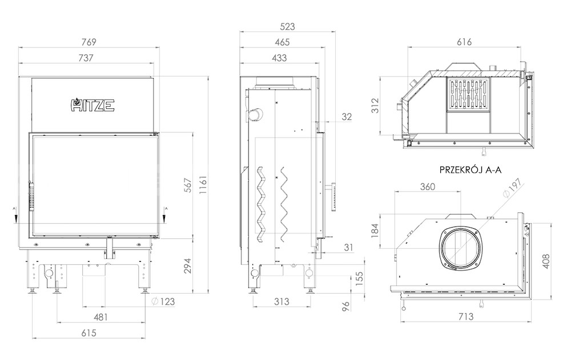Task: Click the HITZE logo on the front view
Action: pos(93,105)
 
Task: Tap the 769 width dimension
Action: pos(89,42)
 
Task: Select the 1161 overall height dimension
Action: pos(203,185)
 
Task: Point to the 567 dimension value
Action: pos(187,185)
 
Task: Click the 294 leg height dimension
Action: pos(187,266)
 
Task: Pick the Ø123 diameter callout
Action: pos(163,301)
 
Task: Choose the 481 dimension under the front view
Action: pos(100,317)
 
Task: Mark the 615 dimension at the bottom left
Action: pos(89,333)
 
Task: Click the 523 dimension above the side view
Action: pos(287,27)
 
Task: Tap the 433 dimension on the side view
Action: pos(279,58)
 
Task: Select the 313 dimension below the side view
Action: pos(282,301)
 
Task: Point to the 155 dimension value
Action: pos(359,279)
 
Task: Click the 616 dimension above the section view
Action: pos(464,42)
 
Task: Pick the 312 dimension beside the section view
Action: pos(375,106)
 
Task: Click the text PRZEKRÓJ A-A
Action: pos(471,170)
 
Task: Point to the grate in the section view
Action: pos(468,94)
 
